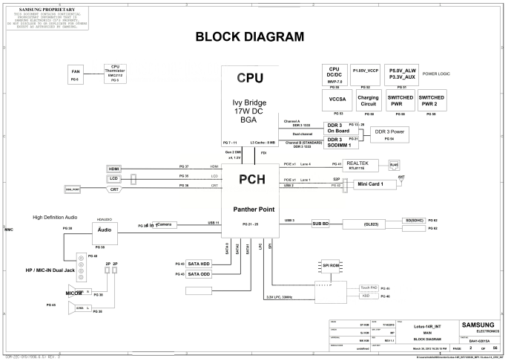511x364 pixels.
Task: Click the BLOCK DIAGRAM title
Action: pos(248,36)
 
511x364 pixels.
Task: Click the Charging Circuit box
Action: pos(368,100)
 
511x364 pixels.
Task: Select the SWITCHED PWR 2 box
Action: pos(431,100)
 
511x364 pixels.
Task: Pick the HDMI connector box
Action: pos(113,169)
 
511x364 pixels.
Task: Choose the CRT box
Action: pos(113,189)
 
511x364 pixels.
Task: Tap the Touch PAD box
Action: pos(369,286)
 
